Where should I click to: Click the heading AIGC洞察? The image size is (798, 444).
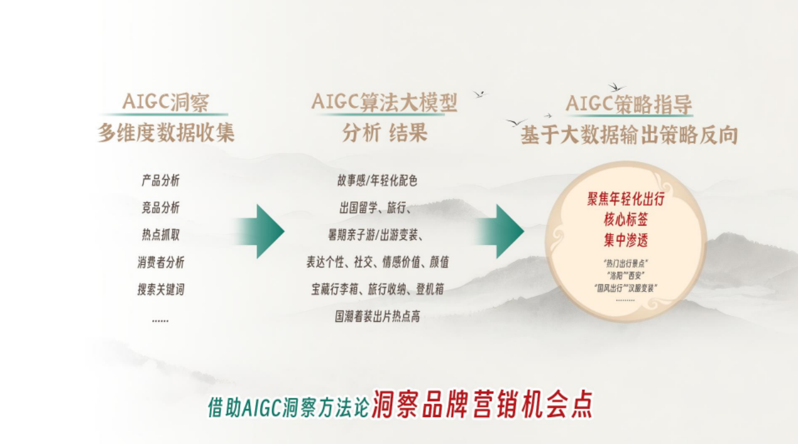(x=165, y=102)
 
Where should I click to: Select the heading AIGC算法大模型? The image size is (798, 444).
(x=384, y=102)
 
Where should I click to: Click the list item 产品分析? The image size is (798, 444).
(x=160, y=181)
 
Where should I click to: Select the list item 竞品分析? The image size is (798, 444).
(x=160, y=208)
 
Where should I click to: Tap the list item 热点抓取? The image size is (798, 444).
(x=160, y=235)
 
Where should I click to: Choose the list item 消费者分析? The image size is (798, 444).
(x=160, y=263)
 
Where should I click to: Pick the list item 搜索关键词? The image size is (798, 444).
(x=160, y=289)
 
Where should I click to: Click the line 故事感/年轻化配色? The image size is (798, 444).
(x=377, y=181)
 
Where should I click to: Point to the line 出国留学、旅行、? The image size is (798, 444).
(x=374, y=208)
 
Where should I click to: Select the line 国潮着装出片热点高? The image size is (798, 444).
(x=377, y=317)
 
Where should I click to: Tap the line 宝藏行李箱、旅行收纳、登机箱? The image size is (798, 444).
(x=377, y=289)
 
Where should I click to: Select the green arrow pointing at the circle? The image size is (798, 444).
(x=502, y=231)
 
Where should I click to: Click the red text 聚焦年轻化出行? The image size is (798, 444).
(x=625, y=200)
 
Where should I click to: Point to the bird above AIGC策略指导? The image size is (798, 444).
(x=616, y=87)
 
